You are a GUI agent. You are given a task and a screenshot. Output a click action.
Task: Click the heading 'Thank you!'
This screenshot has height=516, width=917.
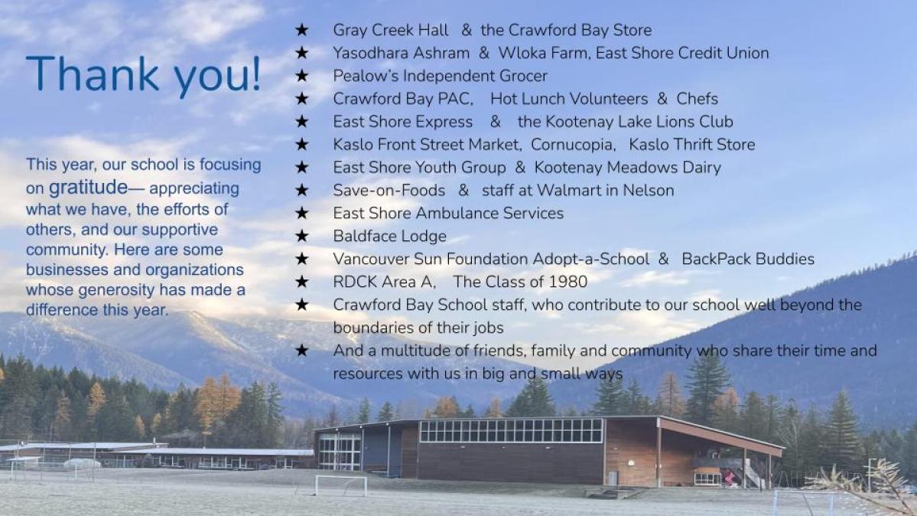(143, 74)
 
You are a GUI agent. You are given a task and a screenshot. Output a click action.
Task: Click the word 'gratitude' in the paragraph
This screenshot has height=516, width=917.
(88, 187)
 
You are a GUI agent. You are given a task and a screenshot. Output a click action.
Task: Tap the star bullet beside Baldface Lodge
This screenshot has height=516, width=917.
(302, 236)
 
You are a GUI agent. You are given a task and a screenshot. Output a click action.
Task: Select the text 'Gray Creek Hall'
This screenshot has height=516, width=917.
(391, 30)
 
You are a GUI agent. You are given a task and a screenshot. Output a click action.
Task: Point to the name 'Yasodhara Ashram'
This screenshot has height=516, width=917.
(402, 53)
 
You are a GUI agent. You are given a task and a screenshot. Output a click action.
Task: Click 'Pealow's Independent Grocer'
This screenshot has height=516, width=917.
(440, 76)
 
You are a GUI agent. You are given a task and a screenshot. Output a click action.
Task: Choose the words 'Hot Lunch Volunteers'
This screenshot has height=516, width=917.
(569, 99)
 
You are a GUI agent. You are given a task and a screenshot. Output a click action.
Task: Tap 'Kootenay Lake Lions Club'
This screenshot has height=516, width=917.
(639, 121)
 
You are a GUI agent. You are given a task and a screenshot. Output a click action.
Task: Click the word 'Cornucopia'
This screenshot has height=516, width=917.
(573, 144)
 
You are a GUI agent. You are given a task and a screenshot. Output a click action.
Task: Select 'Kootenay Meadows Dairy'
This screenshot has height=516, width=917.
(627, 168)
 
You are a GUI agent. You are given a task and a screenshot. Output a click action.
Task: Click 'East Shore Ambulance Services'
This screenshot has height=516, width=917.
(448, 213)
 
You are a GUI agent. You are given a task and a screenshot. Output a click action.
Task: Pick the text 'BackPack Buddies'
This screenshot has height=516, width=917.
(748, 259)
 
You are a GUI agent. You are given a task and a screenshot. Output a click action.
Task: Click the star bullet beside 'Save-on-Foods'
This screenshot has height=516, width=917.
(302, 190)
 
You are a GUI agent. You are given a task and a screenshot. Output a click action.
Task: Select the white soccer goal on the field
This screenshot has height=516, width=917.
(341, 485)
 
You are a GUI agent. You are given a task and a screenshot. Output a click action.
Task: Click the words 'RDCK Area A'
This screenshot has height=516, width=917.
(383, 282)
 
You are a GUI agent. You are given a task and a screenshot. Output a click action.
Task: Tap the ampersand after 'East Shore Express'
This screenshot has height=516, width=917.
(496, 121)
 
